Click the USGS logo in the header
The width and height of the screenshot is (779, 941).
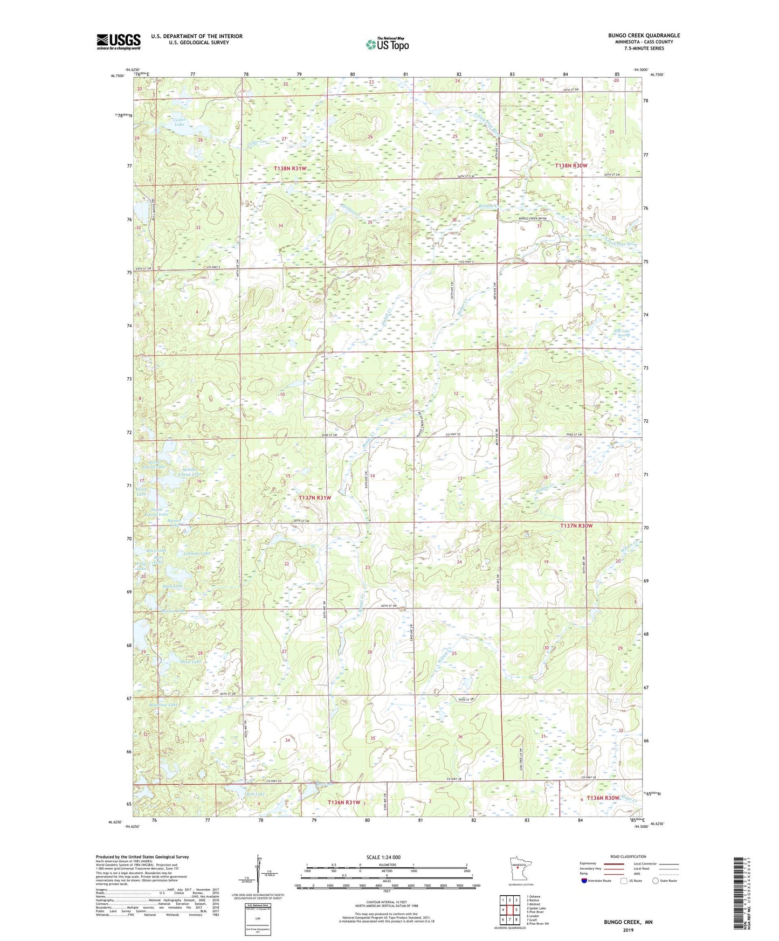click(x=119, y=41)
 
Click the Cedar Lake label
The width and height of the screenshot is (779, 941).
click(x=178, y=122)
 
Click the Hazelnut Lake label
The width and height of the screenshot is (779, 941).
click(x=163, y=704)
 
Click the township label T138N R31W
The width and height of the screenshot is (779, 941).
click(x=289, y=169)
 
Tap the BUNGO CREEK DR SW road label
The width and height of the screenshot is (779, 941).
click(x=533, y=218)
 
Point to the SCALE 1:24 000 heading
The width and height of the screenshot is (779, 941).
click(x=385, y=857)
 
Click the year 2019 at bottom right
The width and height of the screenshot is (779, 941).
click(x=628, y=930)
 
